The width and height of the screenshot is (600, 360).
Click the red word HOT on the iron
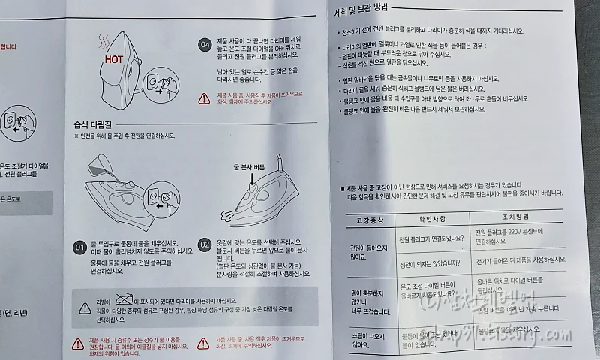[x=113, y=58]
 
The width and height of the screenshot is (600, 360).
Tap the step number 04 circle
[x=205, y=44]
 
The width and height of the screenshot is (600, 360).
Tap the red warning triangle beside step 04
[x=205, y=98]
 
